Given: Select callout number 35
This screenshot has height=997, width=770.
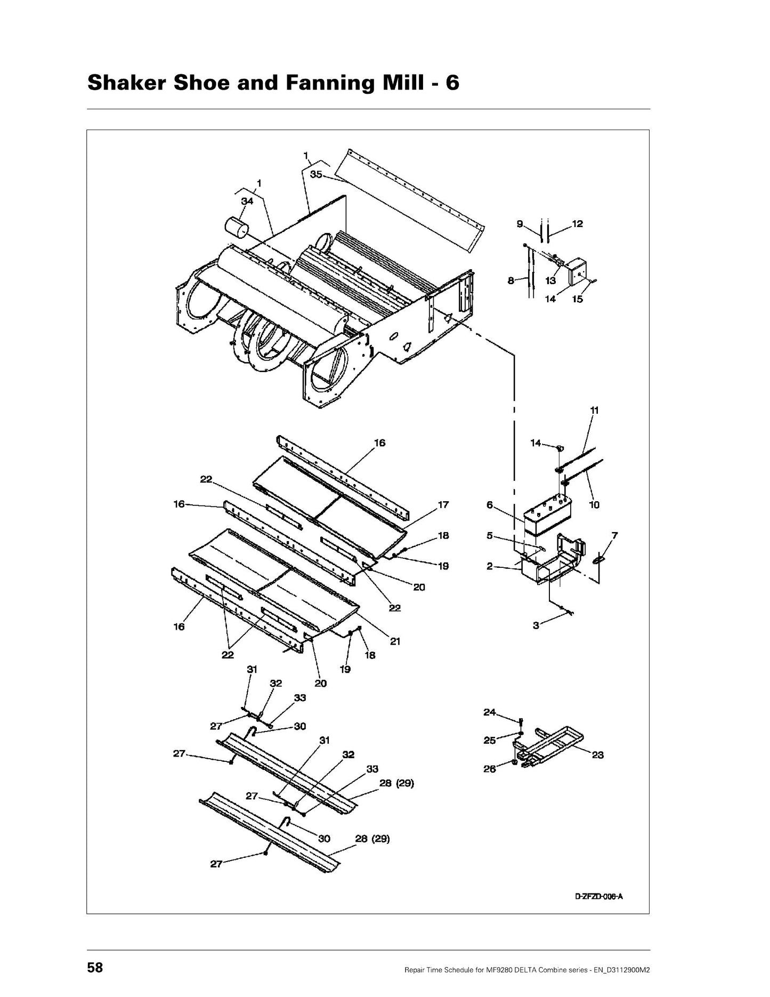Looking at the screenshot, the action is pyautogui.click(x=316, y=174).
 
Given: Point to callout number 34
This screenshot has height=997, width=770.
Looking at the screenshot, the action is pyautogui.click(x=247, y=201).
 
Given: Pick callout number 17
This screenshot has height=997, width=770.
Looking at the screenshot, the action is pyautogui.click(x=443, y=504).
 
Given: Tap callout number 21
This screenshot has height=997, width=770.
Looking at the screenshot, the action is pyautogui.click(x=395, y=641).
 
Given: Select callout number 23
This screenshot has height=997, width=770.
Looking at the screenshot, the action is pyautogui.click(x=598, y=755).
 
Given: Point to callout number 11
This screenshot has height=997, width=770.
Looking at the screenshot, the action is pyautogui.click(x=595, y=410).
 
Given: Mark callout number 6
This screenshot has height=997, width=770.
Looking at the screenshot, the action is pyautogui.click(x=490, y=505).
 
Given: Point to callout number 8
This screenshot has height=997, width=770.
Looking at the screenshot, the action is pyautogui.click(x=511, y=281).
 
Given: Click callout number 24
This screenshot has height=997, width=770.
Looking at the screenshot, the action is pyautogui.click(x=490, y=712).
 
